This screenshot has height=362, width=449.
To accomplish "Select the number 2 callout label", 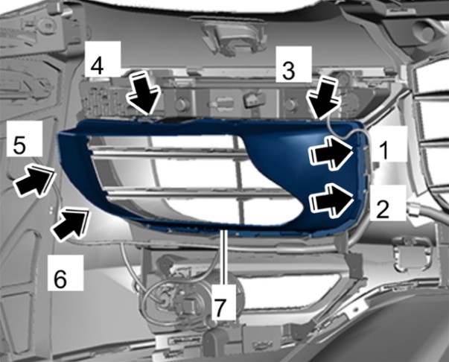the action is coord(383,209).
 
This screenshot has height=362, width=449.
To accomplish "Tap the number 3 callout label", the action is coord(288,71).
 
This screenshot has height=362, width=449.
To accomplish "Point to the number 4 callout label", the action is coord(97,66).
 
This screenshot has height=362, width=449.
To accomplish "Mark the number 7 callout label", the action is coord(219,308).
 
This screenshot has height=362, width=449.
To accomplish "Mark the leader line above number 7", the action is coord(225,257).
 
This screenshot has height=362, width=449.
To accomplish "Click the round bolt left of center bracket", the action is coord(181,104).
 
